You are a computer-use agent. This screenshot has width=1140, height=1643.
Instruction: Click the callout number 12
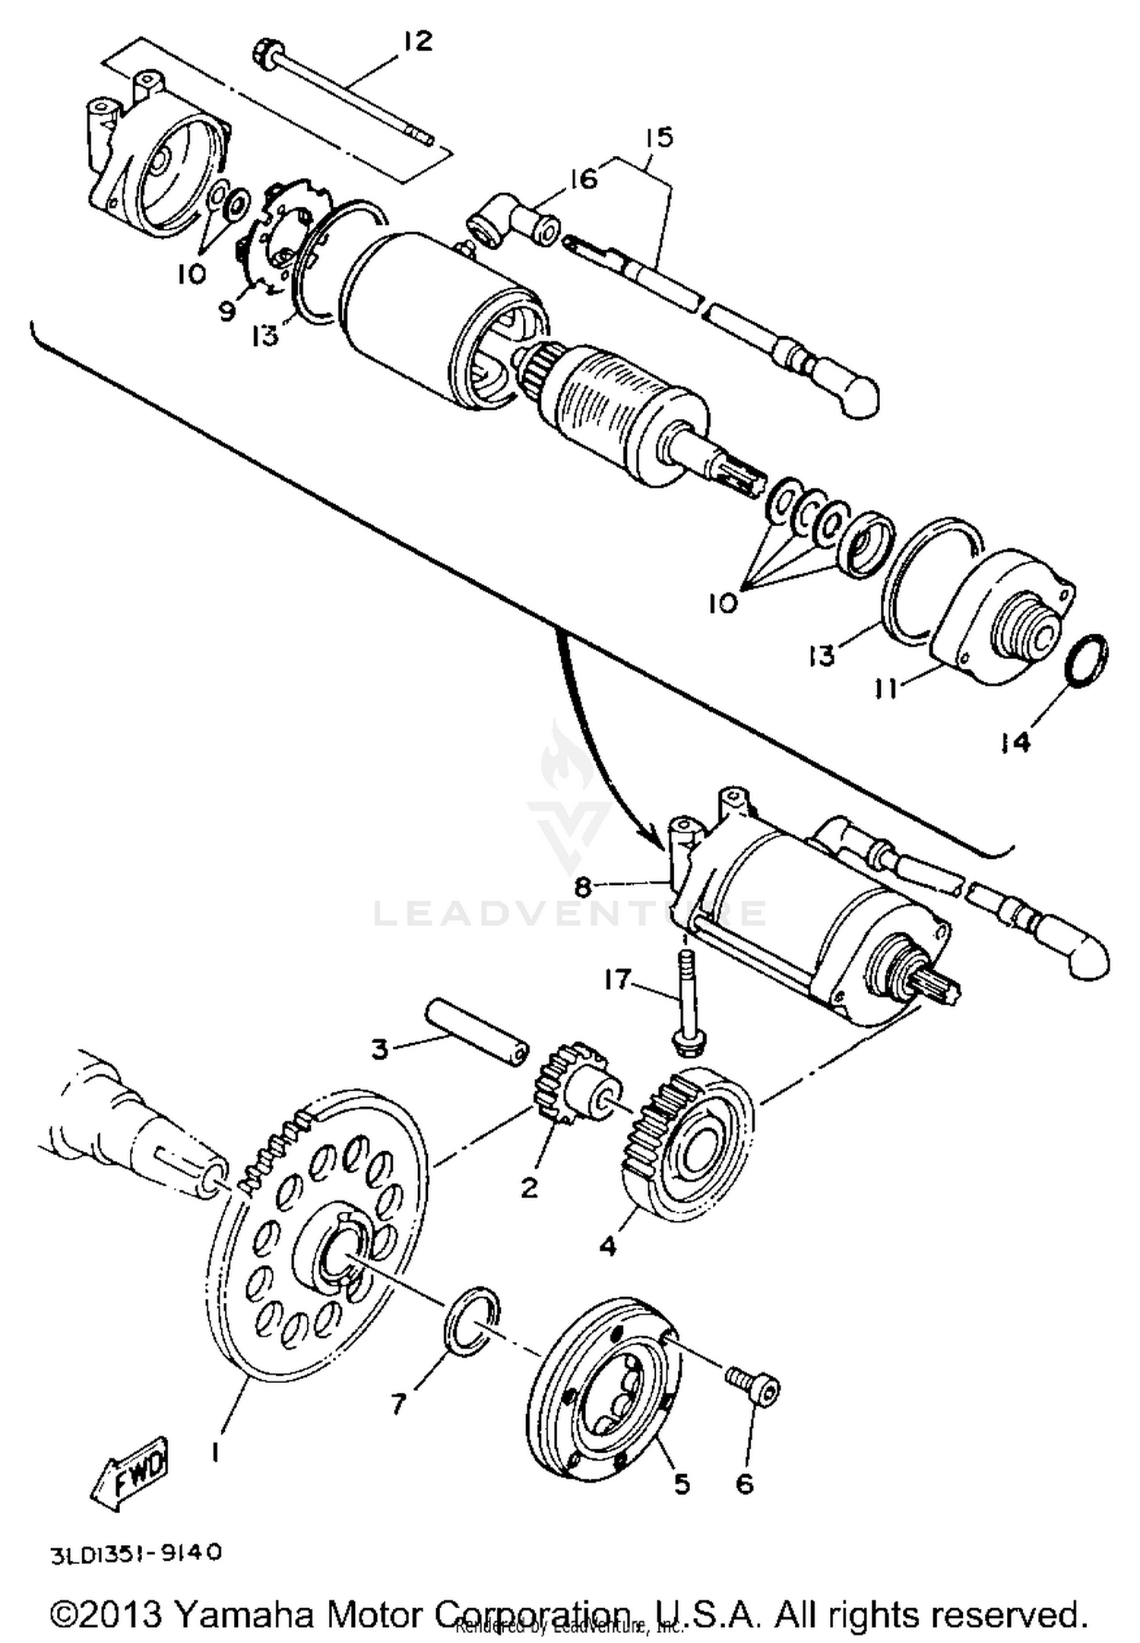coord(417,41)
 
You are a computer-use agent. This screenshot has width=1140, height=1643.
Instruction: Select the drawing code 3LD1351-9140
coord(136,1553)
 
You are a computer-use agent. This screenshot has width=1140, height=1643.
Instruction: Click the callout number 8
coord(582,887)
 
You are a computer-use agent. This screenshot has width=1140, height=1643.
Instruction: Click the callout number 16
coord(584,180)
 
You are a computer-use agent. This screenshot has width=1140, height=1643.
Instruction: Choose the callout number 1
coord(215,1454)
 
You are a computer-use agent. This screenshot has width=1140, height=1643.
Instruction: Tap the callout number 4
coord(608,1245)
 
